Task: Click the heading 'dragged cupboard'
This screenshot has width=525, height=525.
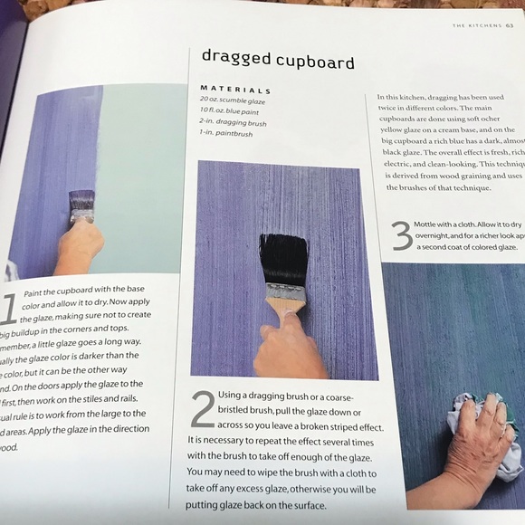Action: [x=278, y=61]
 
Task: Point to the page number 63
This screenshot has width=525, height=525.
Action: [x=509, y=24]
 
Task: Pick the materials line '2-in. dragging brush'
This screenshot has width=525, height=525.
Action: [x=232, y=122]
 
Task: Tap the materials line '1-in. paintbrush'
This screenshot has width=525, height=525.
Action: [x=226, y=133]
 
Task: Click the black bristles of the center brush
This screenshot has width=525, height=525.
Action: [x=283, y=258]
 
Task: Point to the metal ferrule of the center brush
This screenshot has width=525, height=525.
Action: [x=285, y=291]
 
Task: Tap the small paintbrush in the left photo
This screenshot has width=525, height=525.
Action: [x=81, y=206]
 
